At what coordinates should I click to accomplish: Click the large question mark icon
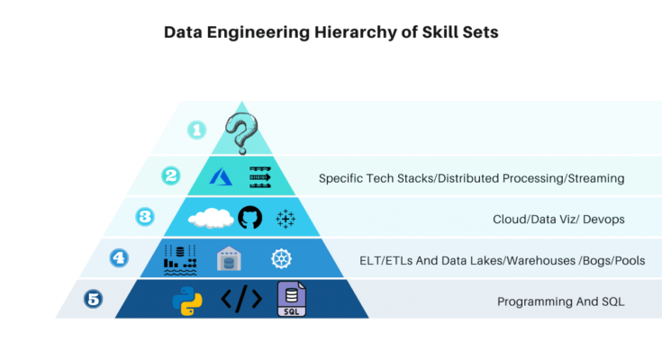[240, 133]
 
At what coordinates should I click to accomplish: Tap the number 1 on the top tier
[197, 130]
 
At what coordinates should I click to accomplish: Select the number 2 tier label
[170, 175]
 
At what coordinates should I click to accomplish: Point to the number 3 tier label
[144, 216]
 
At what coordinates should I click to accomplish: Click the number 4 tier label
[118, 257]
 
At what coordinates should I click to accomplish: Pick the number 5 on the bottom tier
[93, 299]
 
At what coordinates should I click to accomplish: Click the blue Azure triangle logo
[222, 176]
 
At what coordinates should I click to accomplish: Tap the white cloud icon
[210, 218]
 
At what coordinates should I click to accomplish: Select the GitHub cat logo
[249, 218]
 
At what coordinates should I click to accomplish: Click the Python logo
[186, 301]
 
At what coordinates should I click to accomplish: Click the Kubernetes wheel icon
[282, 260]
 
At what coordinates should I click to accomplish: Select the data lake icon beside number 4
[180, 259]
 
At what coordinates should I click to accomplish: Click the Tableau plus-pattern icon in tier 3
[286, 219]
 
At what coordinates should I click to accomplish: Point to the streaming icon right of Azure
[260, 176]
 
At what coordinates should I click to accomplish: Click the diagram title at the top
[331, 32]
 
